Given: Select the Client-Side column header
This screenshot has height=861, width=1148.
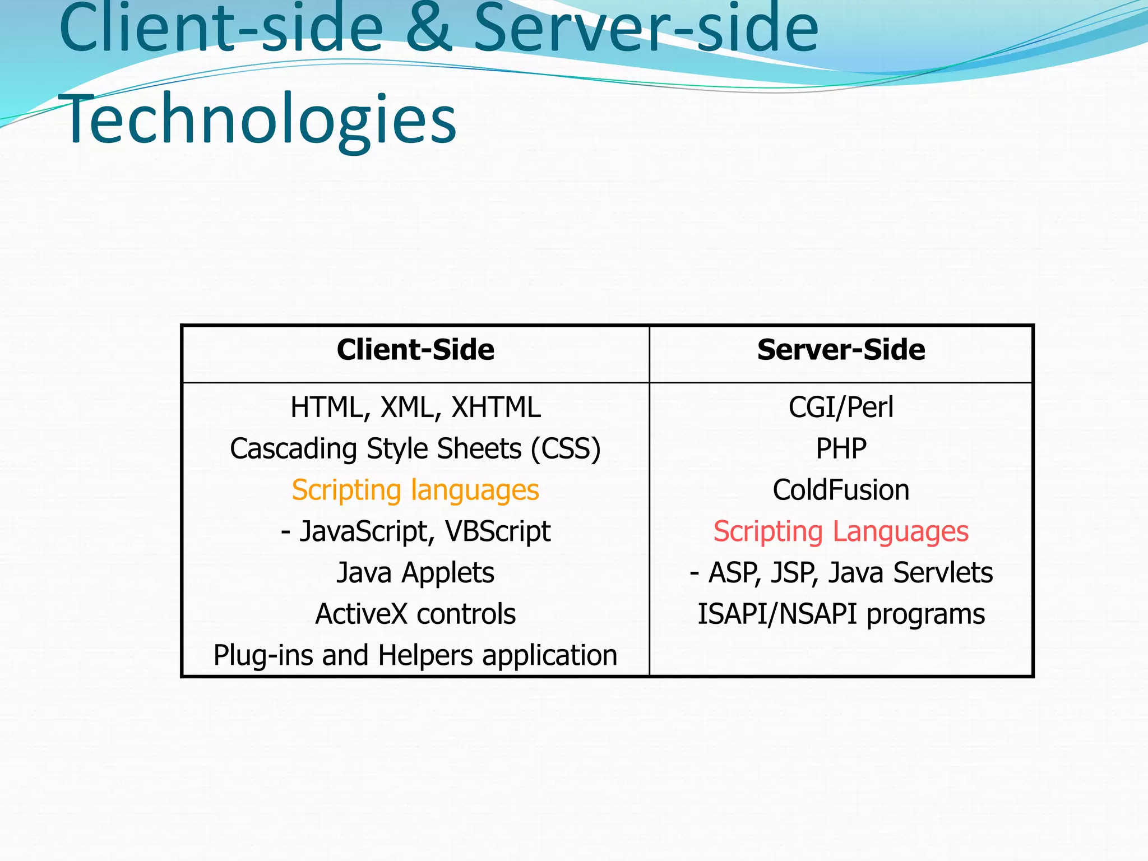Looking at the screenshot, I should coord(415,350).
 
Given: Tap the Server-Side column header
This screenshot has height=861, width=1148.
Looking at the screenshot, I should coord(841,350).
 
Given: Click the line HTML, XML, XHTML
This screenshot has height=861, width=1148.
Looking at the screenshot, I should coord(415,408).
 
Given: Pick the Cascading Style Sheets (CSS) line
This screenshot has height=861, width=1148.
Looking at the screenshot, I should coord(415,449).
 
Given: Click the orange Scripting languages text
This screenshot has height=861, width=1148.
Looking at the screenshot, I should coord(415,490).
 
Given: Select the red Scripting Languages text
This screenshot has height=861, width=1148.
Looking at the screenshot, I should coord(841,531).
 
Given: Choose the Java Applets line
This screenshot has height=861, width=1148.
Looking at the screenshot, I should coord(415,573).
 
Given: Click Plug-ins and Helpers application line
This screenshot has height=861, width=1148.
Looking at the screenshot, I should coord(415,655).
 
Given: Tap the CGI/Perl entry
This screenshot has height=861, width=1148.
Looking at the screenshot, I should coord(841,408).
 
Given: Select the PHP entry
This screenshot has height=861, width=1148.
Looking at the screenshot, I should coord(841,449).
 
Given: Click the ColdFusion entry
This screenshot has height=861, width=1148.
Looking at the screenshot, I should coord(841,490).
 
